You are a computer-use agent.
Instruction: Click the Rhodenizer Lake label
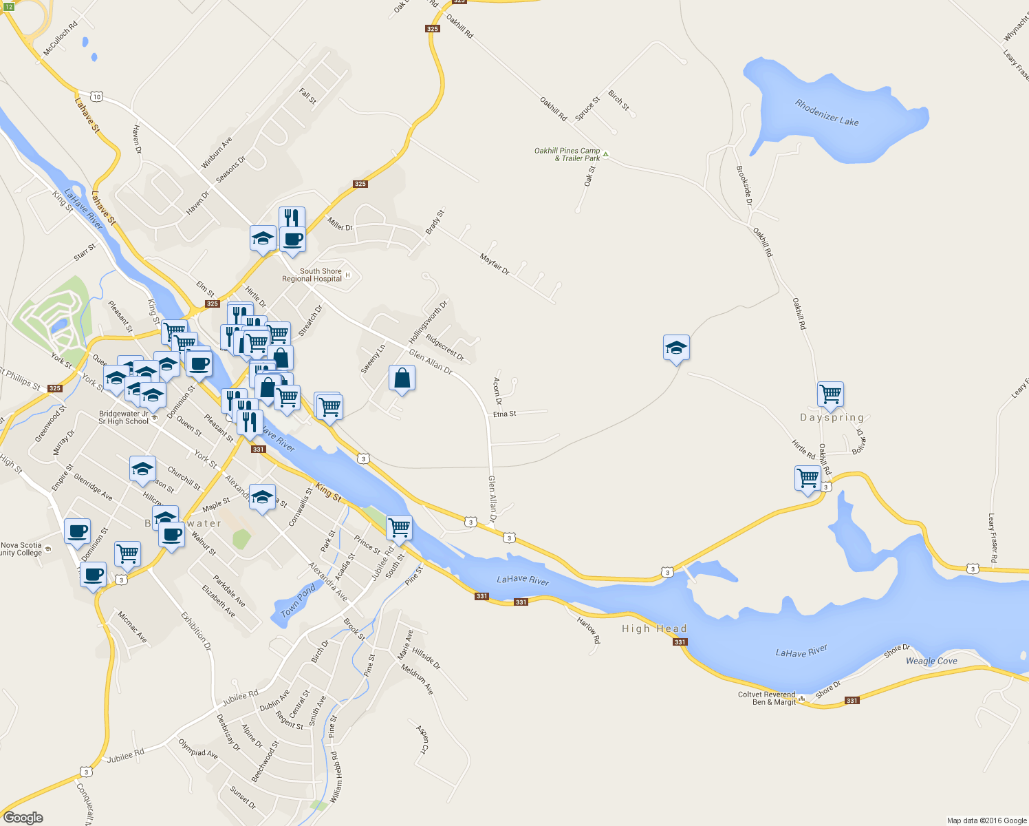(827, 113)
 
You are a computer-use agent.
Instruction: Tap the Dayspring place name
(832, 418)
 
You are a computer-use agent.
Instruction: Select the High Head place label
(654, 628)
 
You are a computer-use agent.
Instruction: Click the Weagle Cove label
(931, 661)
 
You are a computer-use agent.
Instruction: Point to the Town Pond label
(299, 600)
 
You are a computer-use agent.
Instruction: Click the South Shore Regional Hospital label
(312, 275)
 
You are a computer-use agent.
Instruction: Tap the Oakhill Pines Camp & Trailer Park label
(567, 154)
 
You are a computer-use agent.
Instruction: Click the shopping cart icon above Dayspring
(830, 394)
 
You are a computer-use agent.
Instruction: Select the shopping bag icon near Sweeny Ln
(402, 379)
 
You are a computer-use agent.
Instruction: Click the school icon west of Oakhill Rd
(676, 348)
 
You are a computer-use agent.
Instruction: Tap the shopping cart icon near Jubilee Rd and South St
(399, 528)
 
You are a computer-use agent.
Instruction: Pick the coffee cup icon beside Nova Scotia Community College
(77, 531)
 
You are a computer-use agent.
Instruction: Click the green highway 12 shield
(8, 6)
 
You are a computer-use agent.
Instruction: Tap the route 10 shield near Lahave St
(96, 97)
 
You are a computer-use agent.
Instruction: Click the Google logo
(23, 817)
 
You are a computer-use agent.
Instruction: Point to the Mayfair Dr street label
(495, 265)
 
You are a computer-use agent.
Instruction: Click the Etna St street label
(504, 414)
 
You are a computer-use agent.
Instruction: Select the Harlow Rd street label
(589, 629)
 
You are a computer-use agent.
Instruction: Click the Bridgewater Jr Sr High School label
(123, 418)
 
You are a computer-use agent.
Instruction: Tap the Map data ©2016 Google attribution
(986, 820)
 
